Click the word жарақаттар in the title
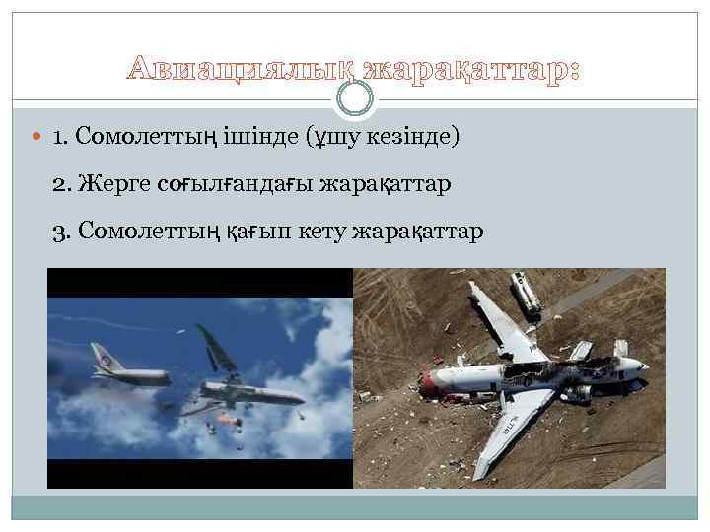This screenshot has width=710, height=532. click(x=471, y=70)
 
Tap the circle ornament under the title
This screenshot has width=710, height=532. click(x=355, y=98)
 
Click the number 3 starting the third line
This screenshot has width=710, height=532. click(x=59, y=231)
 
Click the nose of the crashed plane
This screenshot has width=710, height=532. click(x=641, y=366)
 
